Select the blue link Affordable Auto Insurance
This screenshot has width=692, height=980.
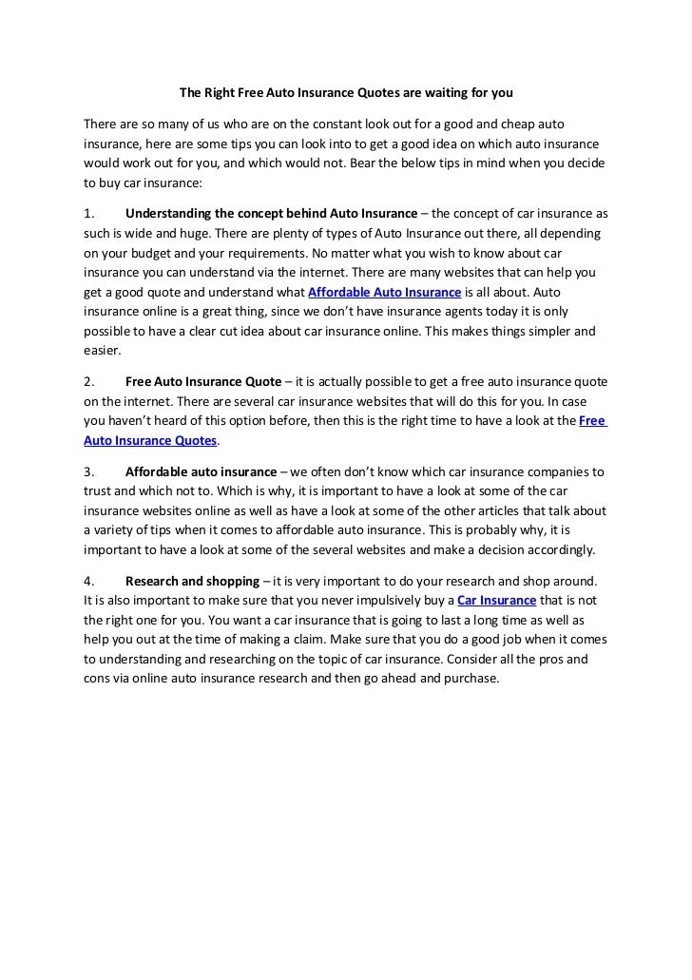pyautogui.click(x=385, y=292)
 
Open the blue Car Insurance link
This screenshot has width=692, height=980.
pyautogui.click(x=496, y=600)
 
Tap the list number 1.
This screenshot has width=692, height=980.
pyautogui.click(x=87, y=213)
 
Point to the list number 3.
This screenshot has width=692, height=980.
pyautogui.click(x=87, y=471)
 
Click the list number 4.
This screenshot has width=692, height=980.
pyautogui.click(x=87, y=581)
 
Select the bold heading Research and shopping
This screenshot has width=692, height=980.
pyautogui.click(x=192, y=581)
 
